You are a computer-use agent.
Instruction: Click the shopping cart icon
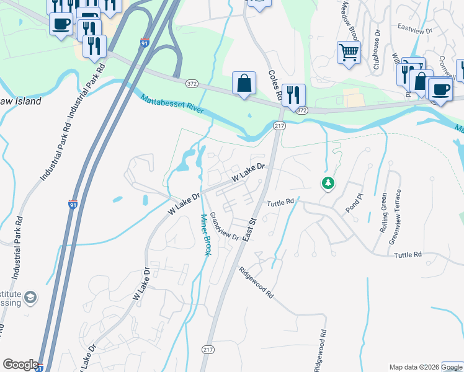[349, 52]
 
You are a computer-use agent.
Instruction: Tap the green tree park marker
[328, 183]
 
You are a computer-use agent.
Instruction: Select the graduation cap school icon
[30, 299]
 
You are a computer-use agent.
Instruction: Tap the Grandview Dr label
[224, 226]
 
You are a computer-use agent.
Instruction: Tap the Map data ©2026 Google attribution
[426, 367]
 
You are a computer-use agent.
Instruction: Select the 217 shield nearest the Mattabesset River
[279, 126]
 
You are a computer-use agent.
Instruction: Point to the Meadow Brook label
[348, 18]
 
